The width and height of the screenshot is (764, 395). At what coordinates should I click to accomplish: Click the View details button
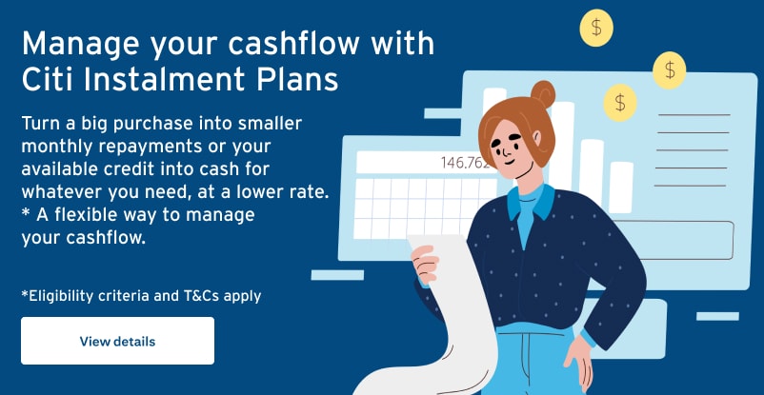[x=117, y=341]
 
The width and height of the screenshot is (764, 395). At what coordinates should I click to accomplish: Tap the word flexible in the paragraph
[x=86, y=215]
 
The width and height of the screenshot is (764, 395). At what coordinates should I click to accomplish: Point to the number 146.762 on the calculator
[x=464, y=163]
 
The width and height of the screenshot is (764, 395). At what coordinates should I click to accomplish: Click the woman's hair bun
[x=543, y=93]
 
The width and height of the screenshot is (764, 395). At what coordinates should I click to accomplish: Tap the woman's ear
[x=536, y=138]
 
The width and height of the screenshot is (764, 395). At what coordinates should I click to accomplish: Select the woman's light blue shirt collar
[x=532, y=199]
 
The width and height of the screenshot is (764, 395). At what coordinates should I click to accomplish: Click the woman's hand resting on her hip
[x=580, y=362]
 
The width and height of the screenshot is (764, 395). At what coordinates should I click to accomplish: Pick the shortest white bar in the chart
[x=621, y=188]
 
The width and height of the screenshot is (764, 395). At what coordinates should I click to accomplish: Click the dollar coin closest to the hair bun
[x=620, y=103]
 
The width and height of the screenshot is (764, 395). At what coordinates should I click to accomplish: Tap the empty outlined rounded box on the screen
[x=674, y=240]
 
